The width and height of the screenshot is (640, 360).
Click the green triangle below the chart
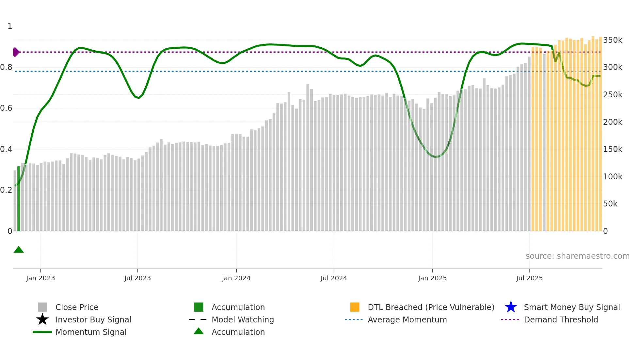click(19, 250)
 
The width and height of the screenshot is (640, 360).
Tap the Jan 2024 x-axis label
click(236, 278)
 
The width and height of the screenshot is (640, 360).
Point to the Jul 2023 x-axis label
click(137, 278)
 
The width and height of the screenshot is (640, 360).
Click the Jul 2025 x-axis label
click(529, 278)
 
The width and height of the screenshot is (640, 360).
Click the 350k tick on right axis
click(613, 40)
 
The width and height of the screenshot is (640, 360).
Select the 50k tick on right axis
click(610, 204)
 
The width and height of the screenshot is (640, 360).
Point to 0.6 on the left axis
click(6, 108)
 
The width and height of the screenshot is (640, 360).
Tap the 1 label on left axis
click(10, 26)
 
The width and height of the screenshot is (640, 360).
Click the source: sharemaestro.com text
click(577, 256)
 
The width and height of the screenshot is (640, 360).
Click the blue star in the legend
click(511, 307)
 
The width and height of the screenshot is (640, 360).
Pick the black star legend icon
click(42, 319)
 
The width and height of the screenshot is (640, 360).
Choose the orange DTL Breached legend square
click(355, 307)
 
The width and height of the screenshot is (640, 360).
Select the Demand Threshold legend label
click(561, 319)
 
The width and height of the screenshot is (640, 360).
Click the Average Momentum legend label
click(407, 319)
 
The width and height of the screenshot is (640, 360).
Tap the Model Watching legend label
click(243, 319)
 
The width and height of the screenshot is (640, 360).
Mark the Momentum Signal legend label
click(91, 332)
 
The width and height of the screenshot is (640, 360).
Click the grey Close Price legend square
click(42, 307)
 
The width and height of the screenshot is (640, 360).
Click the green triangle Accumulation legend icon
click(199, 331)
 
